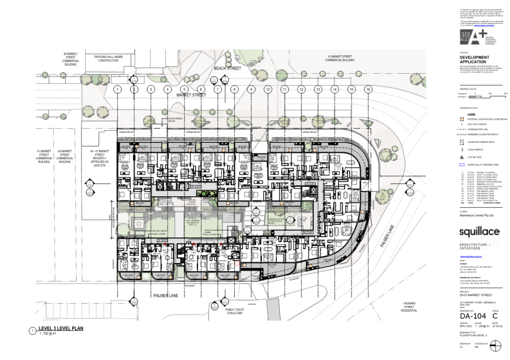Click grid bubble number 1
pyautogui.click(x=117, y=89)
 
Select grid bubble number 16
pyautogui.click(x=368, y=89)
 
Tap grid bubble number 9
pyautogui.click(x=252, y=89)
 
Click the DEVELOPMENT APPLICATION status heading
pyautogui.click(x=475, y=59)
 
